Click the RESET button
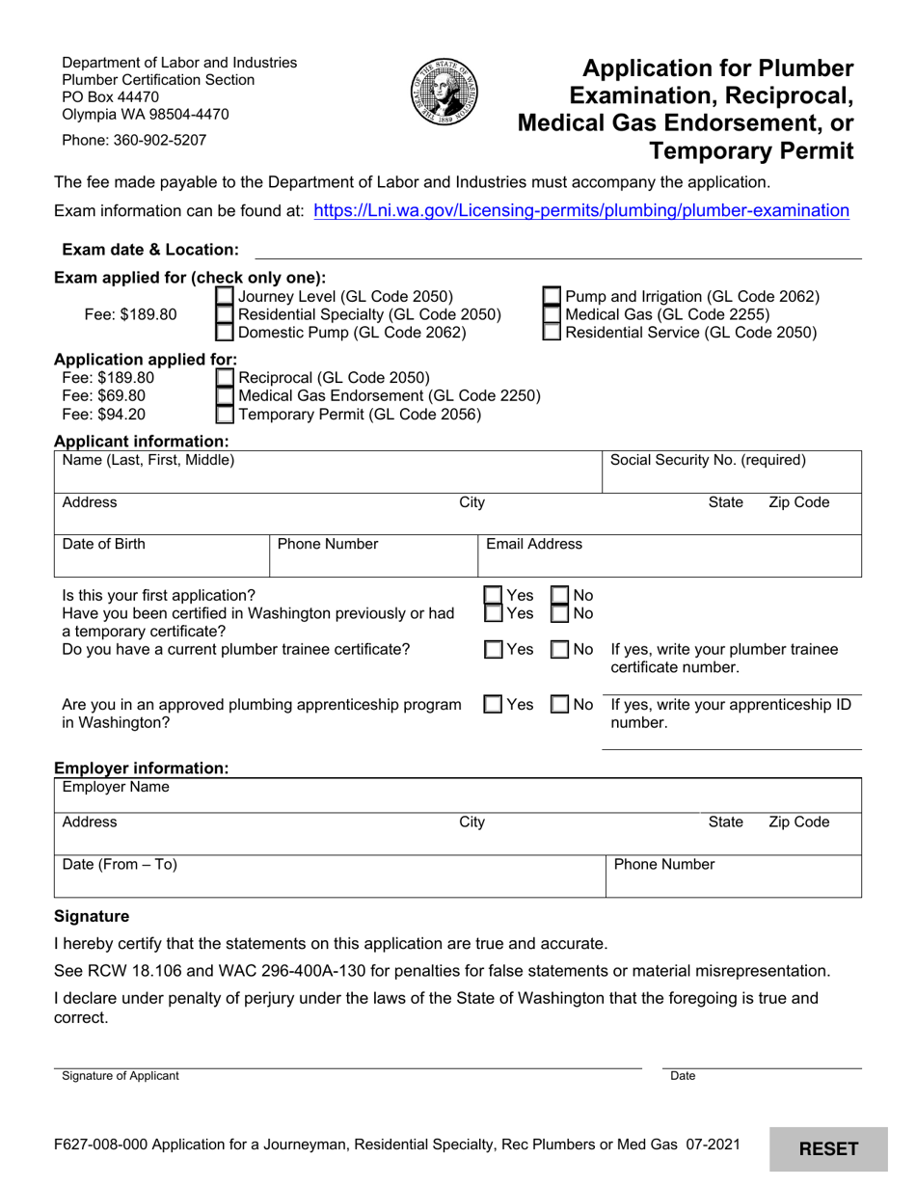click(828, 1148)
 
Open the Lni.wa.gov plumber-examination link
click(581, 210)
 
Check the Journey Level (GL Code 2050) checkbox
click(224, 297)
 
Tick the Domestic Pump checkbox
click(224, 333)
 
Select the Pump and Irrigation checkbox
click(552, 297)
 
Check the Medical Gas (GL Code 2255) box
click(552, 314)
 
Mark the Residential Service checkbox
click(552, 333)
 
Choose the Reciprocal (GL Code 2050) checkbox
click(224, 378)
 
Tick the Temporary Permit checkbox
click(224, 415)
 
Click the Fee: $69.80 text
click(104, 396)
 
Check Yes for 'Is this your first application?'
click(493, 596)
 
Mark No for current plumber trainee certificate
click(559, 650)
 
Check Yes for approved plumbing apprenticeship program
click(493, 705)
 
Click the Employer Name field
click(458, 796)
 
